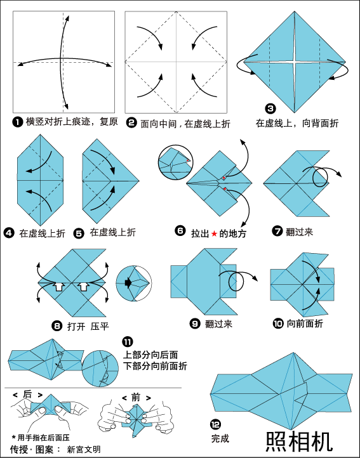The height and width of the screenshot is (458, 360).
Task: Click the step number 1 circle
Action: pos(17,122)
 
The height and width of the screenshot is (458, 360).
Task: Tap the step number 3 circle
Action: pos(270,108)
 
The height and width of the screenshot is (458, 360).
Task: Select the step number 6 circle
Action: pos(180,231)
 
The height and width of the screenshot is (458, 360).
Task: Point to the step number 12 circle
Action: pos(215,424)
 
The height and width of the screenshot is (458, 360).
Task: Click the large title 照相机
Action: pos(299,441)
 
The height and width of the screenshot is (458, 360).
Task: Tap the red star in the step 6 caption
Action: pos(215,233)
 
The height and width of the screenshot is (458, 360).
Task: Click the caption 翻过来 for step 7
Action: pos(300,232)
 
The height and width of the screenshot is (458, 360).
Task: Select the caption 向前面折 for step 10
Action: pos(305,324)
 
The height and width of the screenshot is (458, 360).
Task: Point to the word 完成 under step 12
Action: pos(220,438)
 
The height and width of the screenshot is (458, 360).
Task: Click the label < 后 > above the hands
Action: pos(27,395)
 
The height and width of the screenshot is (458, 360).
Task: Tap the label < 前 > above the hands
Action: pos(137,398)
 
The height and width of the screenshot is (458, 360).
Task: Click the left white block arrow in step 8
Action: pos(58,286)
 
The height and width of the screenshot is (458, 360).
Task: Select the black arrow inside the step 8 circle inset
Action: pos(128,283)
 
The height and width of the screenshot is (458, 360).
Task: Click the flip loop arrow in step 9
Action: pos(237,280)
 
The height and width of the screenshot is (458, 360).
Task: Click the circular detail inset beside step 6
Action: pos(175,162)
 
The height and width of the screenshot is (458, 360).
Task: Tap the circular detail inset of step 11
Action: pos(100,369)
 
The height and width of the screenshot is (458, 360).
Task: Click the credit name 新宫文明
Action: pos(84,449)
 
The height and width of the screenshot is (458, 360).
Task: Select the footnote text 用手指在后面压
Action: pos(43,438)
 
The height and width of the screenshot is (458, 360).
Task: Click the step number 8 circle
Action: pos(57,325)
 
